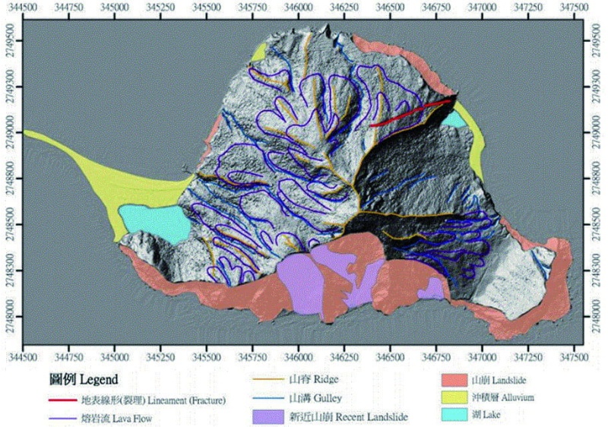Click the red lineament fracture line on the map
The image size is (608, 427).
(410, 112)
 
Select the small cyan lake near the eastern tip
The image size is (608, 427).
(454, 119)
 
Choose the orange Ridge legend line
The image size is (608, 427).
(266, 378)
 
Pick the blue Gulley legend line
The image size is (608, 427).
(266, 397)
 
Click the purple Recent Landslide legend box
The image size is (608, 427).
(266, 416)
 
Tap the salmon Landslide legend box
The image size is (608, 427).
(454, 378)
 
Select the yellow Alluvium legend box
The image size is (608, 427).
(454, 397)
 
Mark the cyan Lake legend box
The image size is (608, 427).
(454, 415)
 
